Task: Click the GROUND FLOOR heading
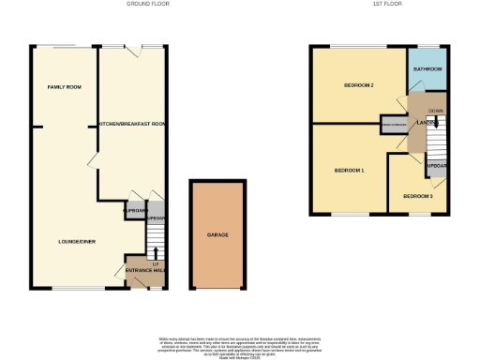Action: click(x=147, y=4)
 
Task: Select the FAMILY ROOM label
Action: click(x=65, y=87)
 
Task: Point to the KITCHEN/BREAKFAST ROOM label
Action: click(x=133, y=124)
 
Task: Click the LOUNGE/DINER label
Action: click(x=76, y=241)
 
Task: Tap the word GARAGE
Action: click(x=218, y=234)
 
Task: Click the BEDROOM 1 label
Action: click(x=350, y=171)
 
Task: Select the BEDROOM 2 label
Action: click(x=359, y=86)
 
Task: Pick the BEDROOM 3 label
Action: click(x=418, y=196)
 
